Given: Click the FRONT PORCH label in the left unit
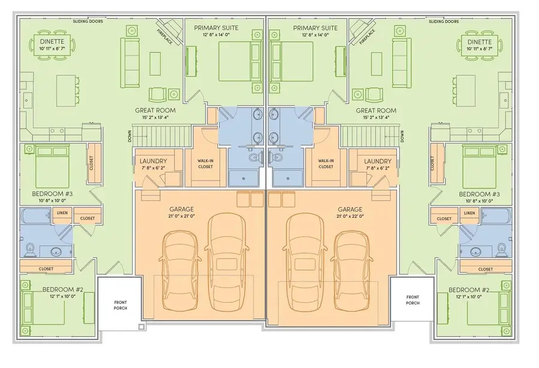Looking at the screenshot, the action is point(120,305).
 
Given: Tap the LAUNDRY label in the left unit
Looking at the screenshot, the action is point(153,161).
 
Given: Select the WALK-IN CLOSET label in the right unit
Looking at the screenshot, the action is point(326,163).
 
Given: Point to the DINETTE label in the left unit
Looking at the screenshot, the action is point(52,41).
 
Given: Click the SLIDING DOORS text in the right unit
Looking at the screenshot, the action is point(444,22).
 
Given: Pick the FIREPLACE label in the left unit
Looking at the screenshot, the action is point(165,37).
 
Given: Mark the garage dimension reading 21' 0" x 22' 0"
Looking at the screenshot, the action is point(350,217).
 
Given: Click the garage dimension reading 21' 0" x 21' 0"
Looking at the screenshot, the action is point(181,216).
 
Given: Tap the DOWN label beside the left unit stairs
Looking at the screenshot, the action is point(129,136).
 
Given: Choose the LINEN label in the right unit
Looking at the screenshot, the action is point(469,213).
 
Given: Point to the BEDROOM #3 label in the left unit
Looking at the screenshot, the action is point(52,194).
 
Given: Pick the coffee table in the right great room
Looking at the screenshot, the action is point(377,64).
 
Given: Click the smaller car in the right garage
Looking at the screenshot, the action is point(352,270).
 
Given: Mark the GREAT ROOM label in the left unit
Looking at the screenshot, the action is point(155,110).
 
